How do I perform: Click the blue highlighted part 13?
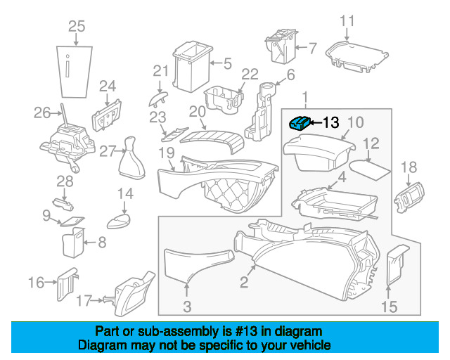pos(299,123)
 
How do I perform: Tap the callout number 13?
pos(330,122)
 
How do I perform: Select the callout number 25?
pos(76,27)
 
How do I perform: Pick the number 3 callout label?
pos(187,306)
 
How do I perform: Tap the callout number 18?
pos(409,167)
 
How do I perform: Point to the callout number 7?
pos(312,49)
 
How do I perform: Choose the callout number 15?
pos(389,306)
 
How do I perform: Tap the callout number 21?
pos(162,70)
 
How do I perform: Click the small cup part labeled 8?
pos(71,244)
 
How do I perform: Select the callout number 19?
pos(166,152)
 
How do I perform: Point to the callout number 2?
pos(244,283)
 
